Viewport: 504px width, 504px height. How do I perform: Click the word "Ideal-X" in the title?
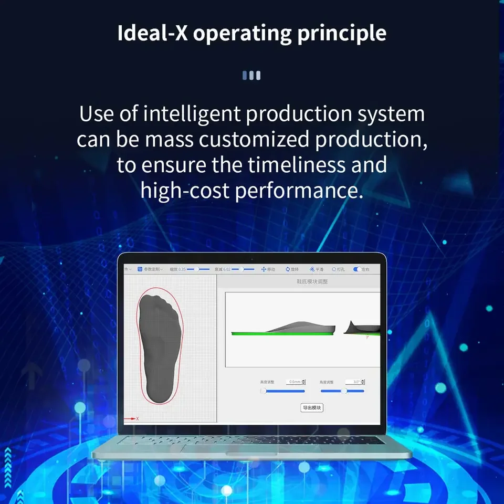pyautogui.click(x=153, y=33)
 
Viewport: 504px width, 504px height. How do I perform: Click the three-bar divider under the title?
pyautogui.click(x=251, y=76)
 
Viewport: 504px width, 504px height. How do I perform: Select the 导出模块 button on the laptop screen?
pyautogui.click(x=312, y=408)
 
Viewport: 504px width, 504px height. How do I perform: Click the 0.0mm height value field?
pyautogui.click(x=295, y=382)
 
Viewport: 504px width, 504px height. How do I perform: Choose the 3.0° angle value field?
pyautogui.click(x=354, y=382)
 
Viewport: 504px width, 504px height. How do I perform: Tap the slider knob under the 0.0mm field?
pyautogui.click(x=263, y=391)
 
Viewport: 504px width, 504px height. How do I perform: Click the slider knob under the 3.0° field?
pyautogui.click(x=344, y=391)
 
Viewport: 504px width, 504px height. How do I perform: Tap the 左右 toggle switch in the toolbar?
pyautogui.click(x=356, y=269)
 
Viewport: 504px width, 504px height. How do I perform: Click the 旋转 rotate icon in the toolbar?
pyautogui.click(x=288, y=269)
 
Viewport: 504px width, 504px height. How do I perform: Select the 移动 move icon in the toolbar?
pyautogui.click(x=264, y=269)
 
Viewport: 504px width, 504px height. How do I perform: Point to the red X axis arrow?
pyautogui.click(x=131, y=418)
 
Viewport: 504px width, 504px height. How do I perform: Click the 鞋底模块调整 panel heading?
pyautogui.click(x=312, y=282)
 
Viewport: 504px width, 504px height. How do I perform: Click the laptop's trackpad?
pyautogui.click(x=251, y=448)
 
